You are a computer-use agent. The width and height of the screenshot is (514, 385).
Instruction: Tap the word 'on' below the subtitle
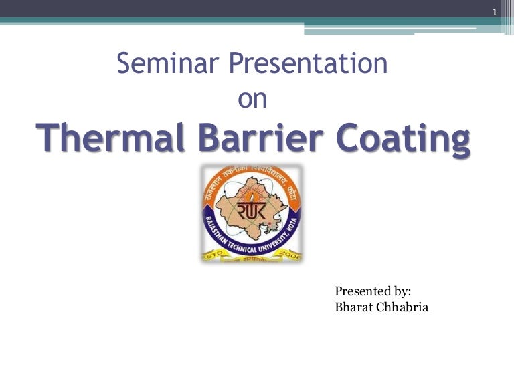click(x=252, y=99)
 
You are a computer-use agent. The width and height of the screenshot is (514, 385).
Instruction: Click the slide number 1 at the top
click(x=494, y=13)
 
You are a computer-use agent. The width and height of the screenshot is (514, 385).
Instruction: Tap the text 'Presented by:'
click(x=373, y=291)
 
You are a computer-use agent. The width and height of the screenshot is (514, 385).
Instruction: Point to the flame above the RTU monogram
click(x=252, y=194)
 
